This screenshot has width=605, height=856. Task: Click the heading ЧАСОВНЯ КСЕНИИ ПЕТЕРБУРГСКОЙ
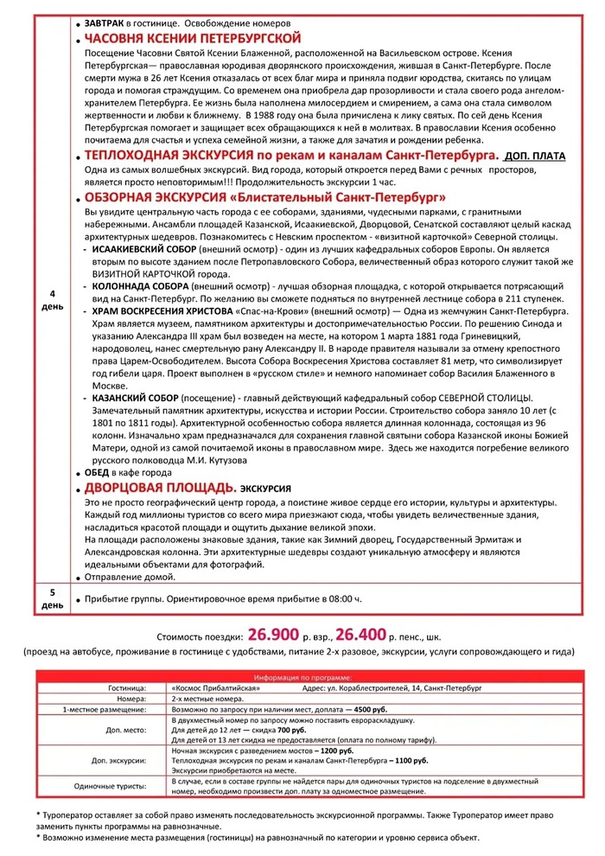point(192,39)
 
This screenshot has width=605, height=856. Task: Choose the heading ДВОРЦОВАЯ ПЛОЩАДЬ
point(160,488)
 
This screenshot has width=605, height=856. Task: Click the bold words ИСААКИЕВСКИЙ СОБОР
point(143,248)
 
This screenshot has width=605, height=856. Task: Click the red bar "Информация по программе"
point(302,676)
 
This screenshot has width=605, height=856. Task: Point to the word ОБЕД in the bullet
point(97,473)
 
